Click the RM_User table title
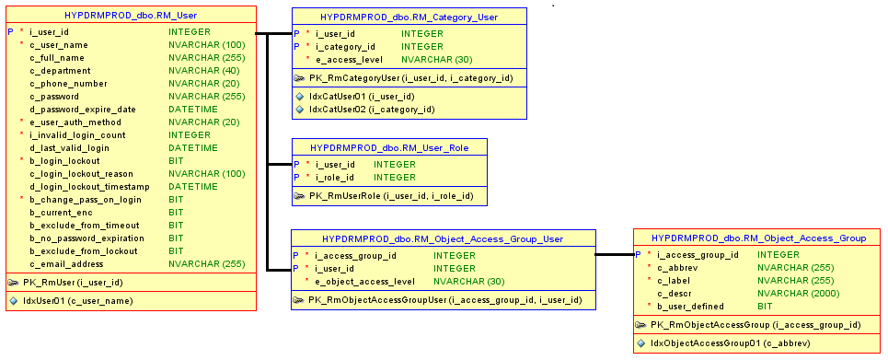[x=130, y=16]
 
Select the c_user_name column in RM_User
[x=59, y=44]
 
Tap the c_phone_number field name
[x=68, y=83]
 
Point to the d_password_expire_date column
[x=82, y=109]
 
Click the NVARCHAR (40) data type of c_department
[x=203, y=70]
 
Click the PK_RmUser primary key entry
[x=73, y=282]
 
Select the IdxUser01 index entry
[x=77, y=300]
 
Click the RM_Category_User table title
[x=409, y=17]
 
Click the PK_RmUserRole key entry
[x=391, y=195]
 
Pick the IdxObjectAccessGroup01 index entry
[x=730, y=343]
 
